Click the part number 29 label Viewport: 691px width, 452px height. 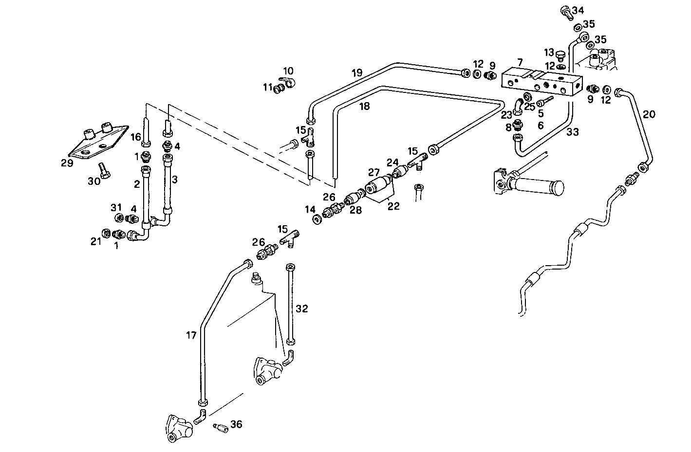pos(67,163)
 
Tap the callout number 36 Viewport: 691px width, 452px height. pos(236,424)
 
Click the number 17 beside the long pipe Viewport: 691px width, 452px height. pos(191,335)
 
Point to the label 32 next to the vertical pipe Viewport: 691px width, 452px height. pos(302,308)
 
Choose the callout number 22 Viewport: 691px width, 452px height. pos(393,206)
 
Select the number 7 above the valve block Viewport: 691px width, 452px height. pos(520,62)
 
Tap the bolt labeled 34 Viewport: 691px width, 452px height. pos(565,11)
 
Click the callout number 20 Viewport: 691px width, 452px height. pos(649,114)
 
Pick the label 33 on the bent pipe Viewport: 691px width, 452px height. pos(573,131)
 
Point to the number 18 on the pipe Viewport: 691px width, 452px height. pos(364,106)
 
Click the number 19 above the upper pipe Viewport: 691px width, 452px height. pos(357,73)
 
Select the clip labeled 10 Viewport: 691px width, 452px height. pos(289,83)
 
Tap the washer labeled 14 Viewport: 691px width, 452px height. pos(317,219)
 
